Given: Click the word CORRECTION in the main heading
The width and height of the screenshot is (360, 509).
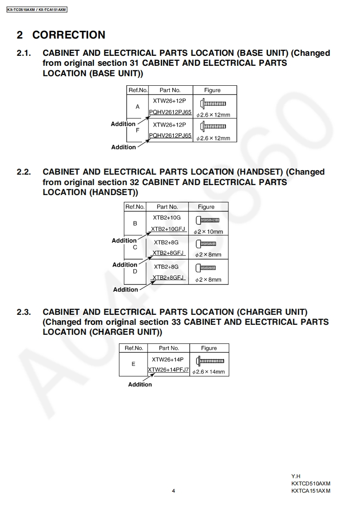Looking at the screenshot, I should [x=69, y=35].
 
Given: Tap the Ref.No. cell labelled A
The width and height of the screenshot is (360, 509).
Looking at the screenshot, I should [x=138, y=107].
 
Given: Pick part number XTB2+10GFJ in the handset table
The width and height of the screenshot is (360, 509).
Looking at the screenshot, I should [x=168, y=229].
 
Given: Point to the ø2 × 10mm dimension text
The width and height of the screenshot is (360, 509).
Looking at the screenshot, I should [x=208, y=232].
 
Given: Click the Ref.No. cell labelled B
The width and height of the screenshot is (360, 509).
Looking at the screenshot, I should [x=135, y=223].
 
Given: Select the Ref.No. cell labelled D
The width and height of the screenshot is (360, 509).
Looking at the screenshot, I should [x=135, y=271].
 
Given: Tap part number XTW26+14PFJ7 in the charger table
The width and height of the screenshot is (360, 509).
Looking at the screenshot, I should [x=168, y=370].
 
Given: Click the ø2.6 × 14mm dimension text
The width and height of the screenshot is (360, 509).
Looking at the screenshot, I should [x=208, y=372].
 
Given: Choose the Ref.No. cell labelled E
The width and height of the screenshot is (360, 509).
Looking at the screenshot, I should [x=133, y=364].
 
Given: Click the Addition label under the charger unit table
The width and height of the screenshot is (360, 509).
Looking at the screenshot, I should [x=140, y=384].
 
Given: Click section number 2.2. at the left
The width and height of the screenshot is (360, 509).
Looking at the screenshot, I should [x=24, y=172].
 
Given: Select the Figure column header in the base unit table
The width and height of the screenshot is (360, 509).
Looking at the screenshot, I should [x=212, y=90].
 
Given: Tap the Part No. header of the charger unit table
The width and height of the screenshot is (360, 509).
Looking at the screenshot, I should [x=169, y=348].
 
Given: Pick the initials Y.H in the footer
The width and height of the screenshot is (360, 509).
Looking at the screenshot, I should [x=296, y=476].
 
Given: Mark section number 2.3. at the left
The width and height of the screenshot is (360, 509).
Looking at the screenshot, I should [x=24, y=312].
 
